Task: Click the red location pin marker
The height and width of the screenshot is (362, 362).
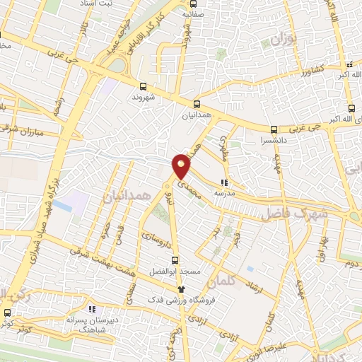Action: coord(182,166)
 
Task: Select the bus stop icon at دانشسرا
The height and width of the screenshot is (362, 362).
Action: coord(274,129)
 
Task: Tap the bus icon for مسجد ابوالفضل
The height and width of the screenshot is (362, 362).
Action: coord(175,259)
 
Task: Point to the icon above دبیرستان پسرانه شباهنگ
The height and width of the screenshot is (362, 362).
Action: coord(91,309)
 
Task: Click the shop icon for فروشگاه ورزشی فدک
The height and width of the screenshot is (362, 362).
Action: coord(182,288)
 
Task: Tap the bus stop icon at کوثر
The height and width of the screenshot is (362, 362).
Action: coord(8,313)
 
